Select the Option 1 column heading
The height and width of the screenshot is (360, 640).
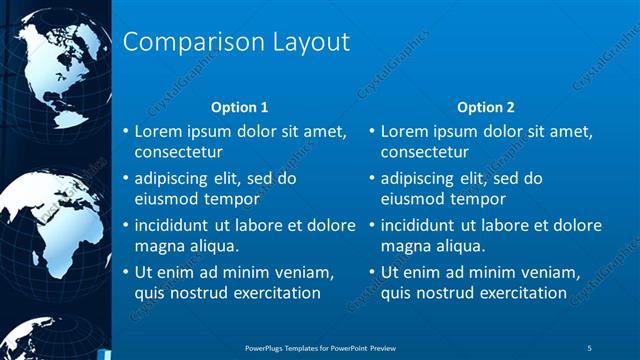[x=240, y=107]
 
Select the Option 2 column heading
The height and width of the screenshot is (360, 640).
[x=485, y=107]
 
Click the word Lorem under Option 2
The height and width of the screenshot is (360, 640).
[x=404, y=131]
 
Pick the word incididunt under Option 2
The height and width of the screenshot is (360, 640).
[x=421, y=225]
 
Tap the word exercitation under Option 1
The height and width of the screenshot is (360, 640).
[x=272, y=293]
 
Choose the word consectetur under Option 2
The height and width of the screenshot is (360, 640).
[x=426, y=152]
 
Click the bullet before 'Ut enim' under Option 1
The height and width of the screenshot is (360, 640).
[x=125, y=272]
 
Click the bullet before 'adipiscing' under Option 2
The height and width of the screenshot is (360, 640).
[x=371, y=179]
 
